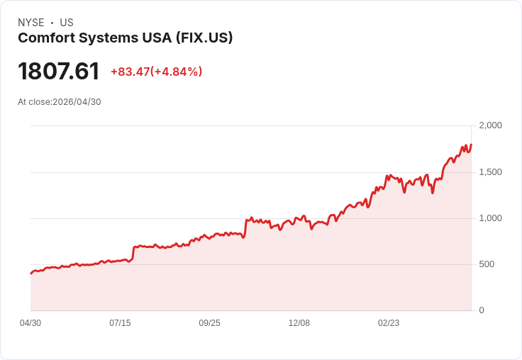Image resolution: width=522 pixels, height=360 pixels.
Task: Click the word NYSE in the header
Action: tap(30, 23)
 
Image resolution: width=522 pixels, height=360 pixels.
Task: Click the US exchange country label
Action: tap(67, 23)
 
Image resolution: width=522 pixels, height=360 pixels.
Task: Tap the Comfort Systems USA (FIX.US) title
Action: tap(126, 38)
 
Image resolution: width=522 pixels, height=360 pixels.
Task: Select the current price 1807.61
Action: tap(59, 72)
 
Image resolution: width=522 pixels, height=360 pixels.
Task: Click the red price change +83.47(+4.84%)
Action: tap(156, 72)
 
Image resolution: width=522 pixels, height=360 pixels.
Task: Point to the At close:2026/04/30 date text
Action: tap(60, 102)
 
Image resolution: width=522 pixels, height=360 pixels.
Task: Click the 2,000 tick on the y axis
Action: tap(490, 125)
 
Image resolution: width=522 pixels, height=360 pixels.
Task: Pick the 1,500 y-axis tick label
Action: tap(490, 172)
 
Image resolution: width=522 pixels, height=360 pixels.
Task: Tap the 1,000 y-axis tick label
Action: tap(490, 218)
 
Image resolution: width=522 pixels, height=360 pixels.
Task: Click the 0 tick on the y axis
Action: tap(482, 310)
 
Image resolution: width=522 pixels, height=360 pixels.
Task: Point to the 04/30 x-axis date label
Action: tap(30, 323)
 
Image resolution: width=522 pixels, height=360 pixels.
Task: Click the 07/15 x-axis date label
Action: tap(120, 323)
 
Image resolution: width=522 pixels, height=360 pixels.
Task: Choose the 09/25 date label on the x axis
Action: tap(209, 323)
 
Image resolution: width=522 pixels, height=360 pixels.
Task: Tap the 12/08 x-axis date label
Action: tap(299, 323)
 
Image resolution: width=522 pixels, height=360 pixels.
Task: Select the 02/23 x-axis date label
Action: tap(389, 323)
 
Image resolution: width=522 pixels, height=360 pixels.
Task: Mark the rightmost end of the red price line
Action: tap(471, 145)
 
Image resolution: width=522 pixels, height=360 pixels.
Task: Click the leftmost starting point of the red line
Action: tap(30, 274)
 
